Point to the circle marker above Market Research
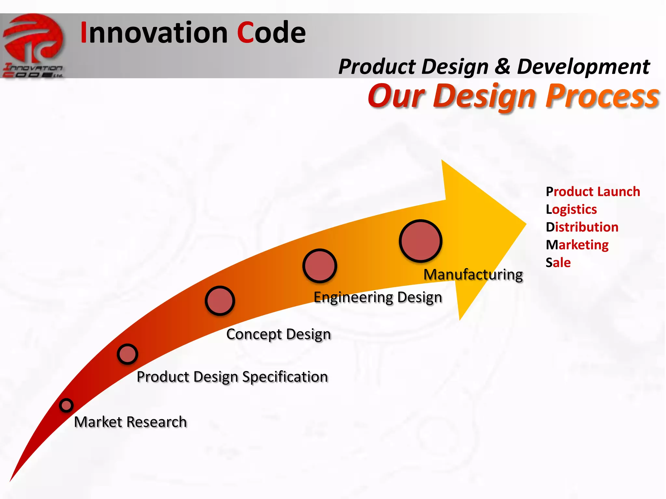pos(66,405)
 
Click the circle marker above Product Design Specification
pos(127,354)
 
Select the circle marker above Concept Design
pos(220,301)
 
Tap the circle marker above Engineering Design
pos(320,265)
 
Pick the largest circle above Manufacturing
pos(420,241)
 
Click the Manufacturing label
pos(473,275)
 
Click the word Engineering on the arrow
pos(353,297)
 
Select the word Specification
pos(285,377)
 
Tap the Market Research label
pos(130,422)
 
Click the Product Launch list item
pos(593,192)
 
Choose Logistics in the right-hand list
pos(571,209)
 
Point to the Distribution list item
pos(582,227)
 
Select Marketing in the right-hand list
pos(577,245)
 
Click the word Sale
pos(558,262)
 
